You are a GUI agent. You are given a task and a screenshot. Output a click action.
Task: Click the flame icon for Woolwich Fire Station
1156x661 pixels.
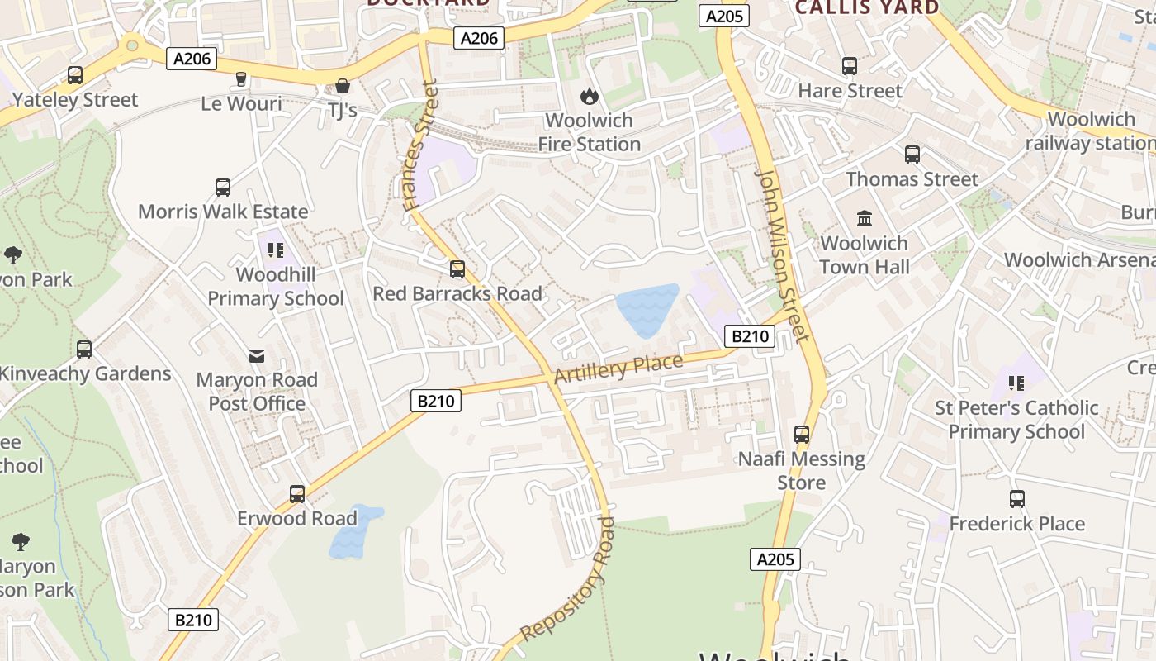[589, 97]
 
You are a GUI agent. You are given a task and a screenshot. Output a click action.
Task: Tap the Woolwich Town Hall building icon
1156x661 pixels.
[865, 219]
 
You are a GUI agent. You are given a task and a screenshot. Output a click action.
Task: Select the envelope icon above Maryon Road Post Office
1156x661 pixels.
[257, 356]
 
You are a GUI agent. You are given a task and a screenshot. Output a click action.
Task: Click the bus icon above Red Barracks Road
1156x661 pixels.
[457, 269]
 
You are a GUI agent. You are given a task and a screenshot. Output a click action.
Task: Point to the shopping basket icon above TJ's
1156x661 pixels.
[342, 86]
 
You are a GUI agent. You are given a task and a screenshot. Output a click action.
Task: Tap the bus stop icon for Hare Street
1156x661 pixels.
[850, 66]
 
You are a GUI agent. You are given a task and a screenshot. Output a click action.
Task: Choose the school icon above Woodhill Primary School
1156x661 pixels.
[275, 250]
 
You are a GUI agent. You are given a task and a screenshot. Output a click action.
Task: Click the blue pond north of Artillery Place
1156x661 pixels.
[647, 309]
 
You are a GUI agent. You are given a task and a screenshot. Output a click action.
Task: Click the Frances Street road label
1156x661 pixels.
[419, 145]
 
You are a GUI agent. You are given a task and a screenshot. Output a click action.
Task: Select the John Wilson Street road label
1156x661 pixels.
[782, 256]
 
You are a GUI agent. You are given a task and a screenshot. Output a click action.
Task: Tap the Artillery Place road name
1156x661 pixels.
[618, 369]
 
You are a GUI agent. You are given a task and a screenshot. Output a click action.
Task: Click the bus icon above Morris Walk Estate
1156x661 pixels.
[223, 188]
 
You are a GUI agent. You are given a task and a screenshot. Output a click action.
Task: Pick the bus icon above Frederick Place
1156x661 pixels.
[1016, 499]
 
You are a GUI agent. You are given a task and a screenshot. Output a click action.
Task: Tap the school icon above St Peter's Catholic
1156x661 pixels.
[1016, 383]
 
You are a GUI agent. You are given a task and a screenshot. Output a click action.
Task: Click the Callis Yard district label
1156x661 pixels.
[867, 8]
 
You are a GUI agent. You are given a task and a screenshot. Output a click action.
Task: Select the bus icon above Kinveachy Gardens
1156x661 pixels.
[83, 350]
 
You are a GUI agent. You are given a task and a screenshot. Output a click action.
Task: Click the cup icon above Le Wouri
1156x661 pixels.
[241, 79]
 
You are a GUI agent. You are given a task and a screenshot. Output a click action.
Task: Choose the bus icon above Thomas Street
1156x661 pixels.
[912, 155]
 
